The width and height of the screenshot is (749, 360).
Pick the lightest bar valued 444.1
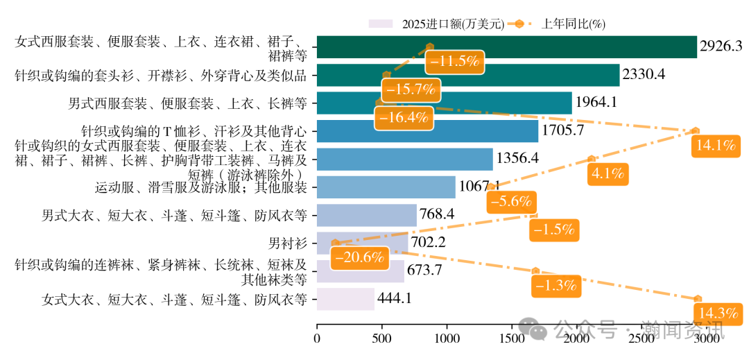click(x=345, y=299)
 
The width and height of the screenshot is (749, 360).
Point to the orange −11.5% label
click(x=455, y=61)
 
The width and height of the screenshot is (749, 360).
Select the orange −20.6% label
click(x=359, y=257)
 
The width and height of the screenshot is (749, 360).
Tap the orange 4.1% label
click(x=608, y=173)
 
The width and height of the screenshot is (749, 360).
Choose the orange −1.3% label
click(x=556, y=284)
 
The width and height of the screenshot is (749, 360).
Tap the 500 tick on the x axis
click(x=382, y=338)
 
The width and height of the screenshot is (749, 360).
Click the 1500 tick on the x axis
click(x=512, y=338)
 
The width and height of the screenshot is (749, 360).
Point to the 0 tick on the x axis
click(x=318, y=338)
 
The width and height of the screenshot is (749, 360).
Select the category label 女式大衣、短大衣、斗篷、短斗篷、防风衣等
click(x=174, y=300)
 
